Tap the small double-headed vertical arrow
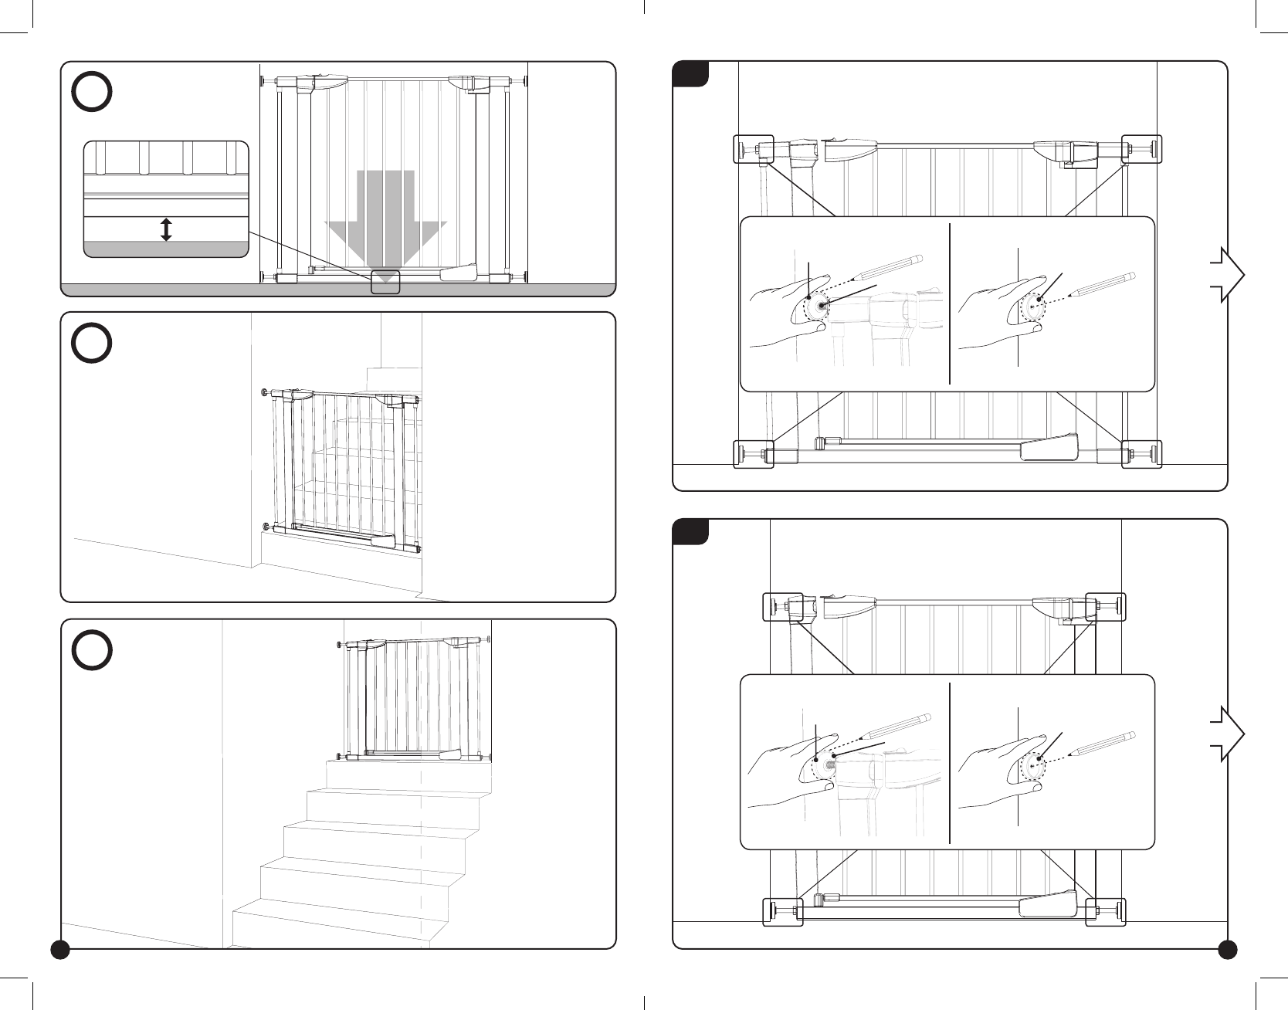pos(166,229)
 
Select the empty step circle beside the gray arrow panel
pos(92,93)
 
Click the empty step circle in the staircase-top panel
pos(92,650)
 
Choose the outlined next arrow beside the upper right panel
pos(1227,274)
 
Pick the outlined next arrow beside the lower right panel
pos(1227,734)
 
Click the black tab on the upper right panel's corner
pos(690,73)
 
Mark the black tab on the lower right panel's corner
pos(690,532)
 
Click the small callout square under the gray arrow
pos(385,282)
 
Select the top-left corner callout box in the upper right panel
pos(753,150)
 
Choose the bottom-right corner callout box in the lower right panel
pos(1105,911)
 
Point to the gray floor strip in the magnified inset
pos(166,249)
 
